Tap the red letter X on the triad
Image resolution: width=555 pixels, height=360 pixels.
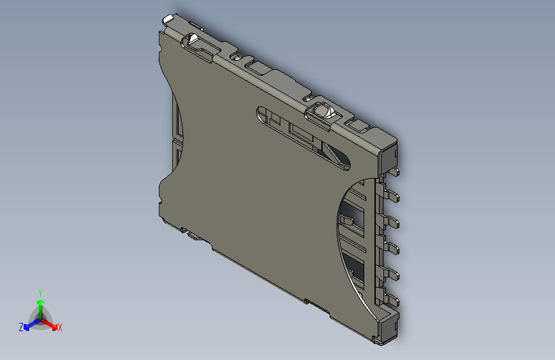click(x=60, y=328)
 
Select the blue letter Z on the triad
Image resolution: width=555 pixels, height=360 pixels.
click(x=21, y=327)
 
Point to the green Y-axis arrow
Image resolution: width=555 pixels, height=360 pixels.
click(x=40, y=304)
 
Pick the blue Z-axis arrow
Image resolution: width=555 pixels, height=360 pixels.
click(x=29, y=324)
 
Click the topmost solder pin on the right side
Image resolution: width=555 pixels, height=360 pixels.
click(x=396, y=171)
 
